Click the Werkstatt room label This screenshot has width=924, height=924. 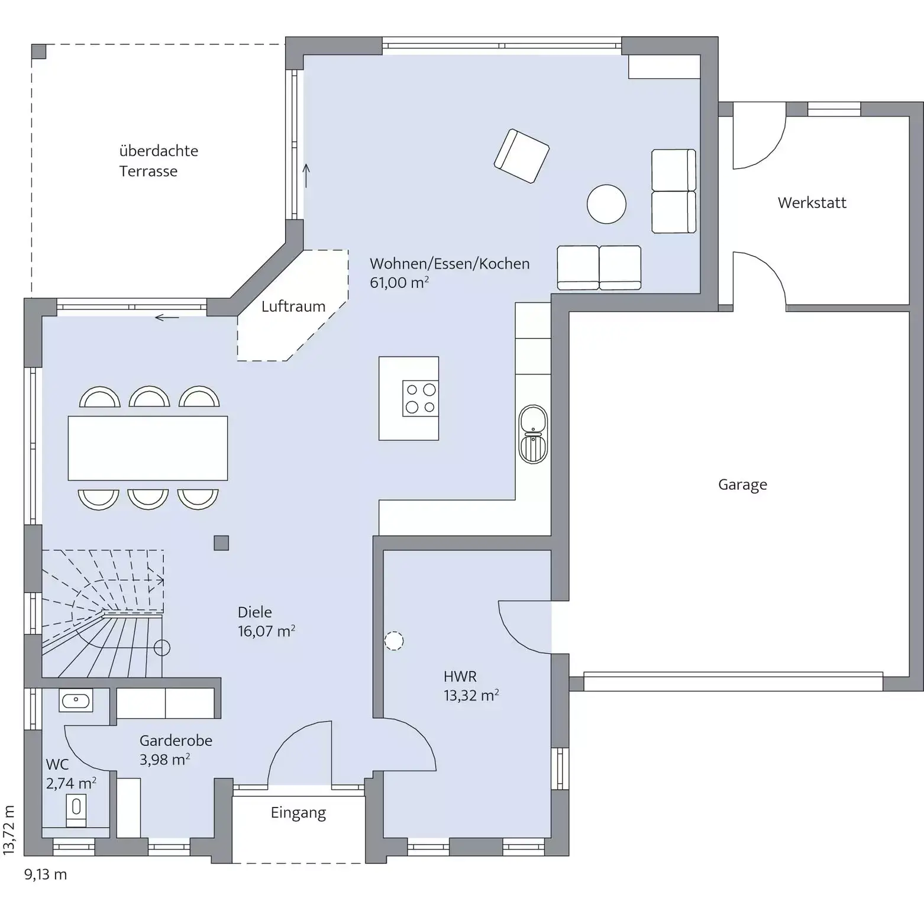click(x=812, y=203)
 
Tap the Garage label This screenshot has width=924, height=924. click(x=742, y=484)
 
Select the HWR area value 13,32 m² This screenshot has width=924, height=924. click(x=471, y=695)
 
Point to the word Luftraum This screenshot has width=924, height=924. click(x=293, y=306)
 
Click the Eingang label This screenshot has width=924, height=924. click(x=298, y=813)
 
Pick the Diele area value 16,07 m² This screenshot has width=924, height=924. click(x=266, y=631)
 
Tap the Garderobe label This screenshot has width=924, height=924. click(x=176, y=741)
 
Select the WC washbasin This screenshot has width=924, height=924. click(x=76, y=701)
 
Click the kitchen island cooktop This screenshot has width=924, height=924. click(x=421, y=398)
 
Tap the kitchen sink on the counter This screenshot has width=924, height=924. click(x=533, y=434)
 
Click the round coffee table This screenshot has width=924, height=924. click(x=606, y=204)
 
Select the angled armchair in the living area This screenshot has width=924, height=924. click(x=521, y=156)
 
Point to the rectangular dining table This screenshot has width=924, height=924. click(x=148, y=448)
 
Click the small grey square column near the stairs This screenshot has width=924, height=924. click(x=221, y=542)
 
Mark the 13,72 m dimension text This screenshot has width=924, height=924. click(x=9, y=829)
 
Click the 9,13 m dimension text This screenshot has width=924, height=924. click(x=46, y=874)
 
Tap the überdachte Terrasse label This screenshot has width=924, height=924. click(x=159, y=161)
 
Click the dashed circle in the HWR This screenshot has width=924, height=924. click(x=394, y=641)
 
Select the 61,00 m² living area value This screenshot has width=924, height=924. click(x=399, y=283)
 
